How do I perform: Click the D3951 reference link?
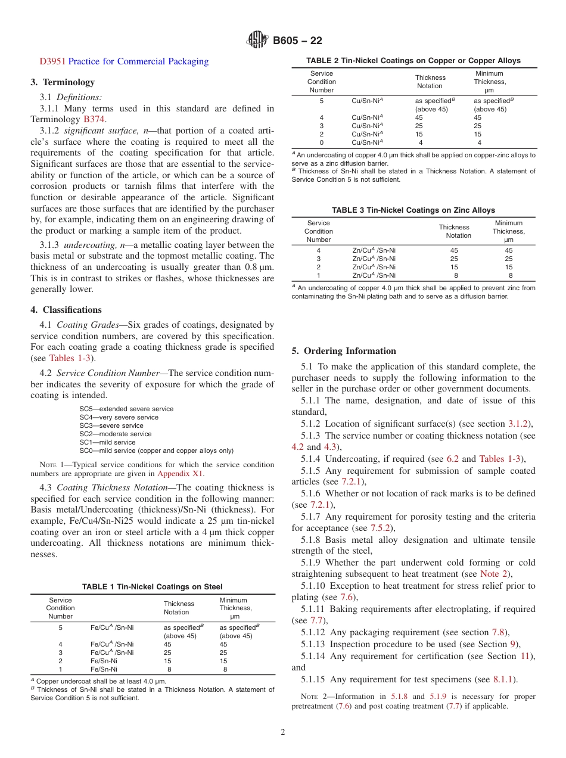click(x=53, y=61)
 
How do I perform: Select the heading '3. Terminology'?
click(x=63, y=82)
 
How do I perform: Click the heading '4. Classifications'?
click(x=66, y=310)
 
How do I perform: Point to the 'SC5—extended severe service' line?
click(x=126, y=409)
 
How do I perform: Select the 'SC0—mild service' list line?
click(x=156, y=451)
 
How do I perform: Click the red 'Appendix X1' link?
click(x=180, y=474)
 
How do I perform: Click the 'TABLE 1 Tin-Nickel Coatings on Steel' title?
click(x=152, y=587)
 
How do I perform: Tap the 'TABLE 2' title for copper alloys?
click(x=413, y=61)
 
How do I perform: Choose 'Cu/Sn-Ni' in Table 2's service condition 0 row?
click(x=366, y=142)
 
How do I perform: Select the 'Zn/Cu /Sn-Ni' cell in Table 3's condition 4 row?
click(x=374, y=250)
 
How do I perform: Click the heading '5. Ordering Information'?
click(x=344, y=351)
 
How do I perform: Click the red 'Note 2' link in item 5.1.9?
click(x=495, y=574)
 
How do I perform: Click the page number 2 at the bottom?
click(x=282, y=732)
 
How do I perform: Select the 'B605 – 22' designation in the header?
click(x=297, y=41)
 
